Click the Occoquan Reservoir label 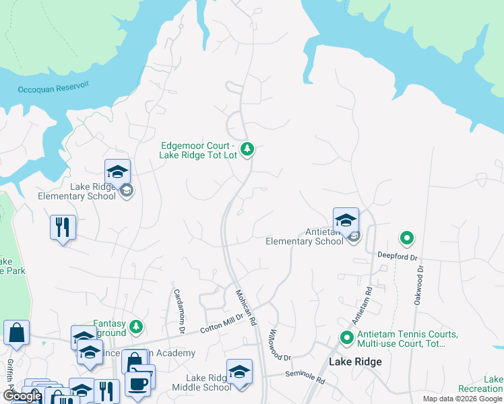(53, 88)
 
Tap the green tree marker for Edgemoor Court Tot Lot (247, 149)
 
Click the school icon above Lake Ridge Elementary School (117, 171)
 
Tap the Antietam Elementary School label (305, 236)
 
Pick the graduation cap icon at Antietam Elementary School (346, 220)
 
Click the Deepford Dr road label (398, 257)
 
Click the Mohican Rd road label (243, 306)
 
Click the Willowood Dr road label (278, 344)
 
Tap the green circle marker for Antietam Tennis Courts (347, 337)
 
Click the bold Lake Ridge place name (355, 362)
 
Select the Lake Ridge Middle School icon (239, 371)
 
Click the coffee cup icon (139, 384)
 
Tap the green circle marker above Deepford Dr (406, 238)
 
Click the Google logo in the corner (22, 396)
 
